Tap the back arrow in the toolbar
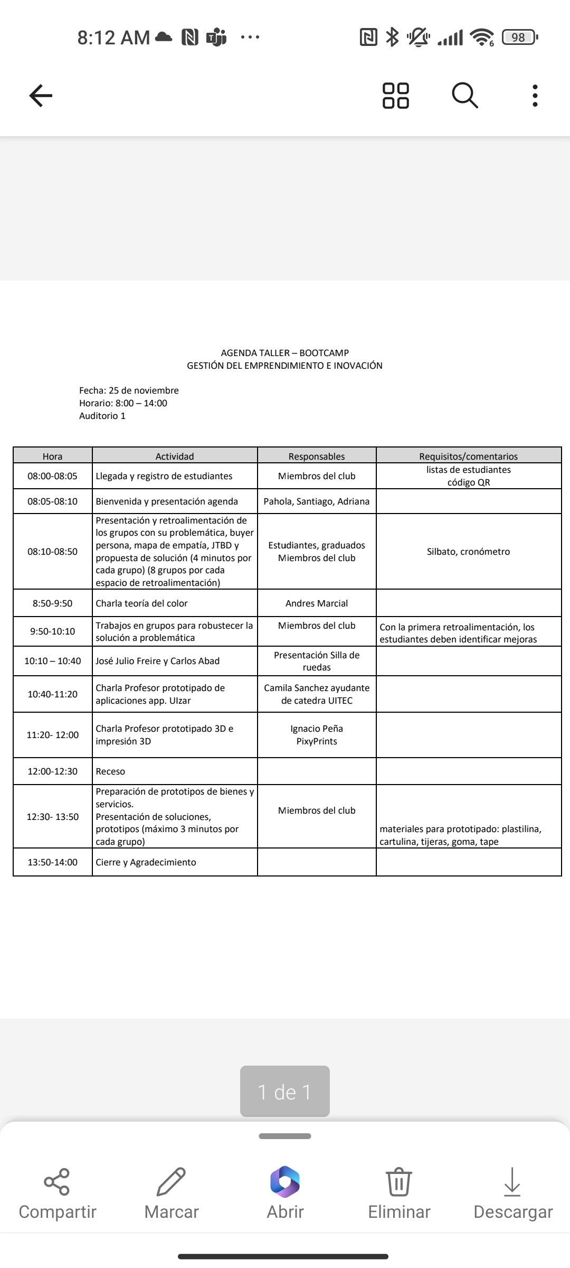tap(41, 96)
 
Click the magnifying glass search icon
tap(465, 96)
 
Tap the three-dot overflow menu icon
tap(535, 96)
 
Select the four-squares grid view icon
tap(395, 96)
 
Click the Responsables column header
tap(317, 456)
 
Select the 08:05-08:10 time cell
tap(52, 501)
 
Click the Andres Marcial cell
tap(317, 603)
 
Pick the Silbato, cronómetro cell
tap(468, 552)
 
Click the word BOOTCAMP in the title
tap(324, 353)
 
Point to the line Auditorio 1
tap(102, 416)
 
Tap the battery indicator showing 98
tap(519, 37)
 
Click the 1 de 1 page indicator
tap(285, 1092)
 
